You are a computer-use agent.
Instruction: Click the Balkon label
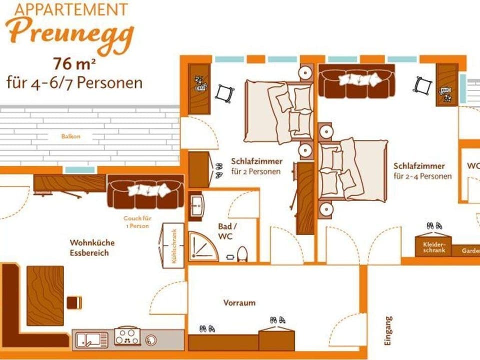coord(70,136)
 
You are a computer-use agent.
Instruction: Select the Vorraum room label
coord(239,302)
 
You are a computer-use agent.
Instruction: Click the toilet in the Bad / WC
coord(242,254)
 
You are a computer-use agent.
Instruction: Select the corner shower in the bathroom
coord(202,246)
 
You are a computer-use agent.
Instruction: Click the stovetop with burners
coord(127,336)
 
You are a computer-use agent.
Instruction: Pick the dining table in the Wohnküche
coord(45,295)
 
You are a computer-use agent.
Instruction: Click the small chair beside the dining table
coord(73,302)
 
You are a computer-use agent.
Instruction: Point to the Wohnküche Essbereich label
coord(92,247)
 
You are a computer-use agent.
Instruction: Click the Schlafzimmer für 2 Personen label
coord(256,166)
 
